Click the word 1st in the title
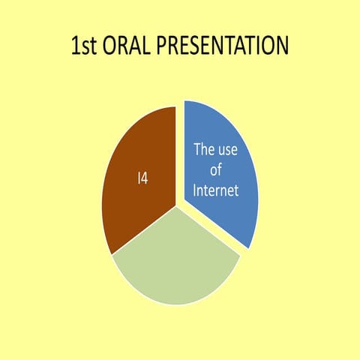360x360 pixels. (85, 46)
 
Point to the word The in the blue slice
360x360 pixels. (205, 149)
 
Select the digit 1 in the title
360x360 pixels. (75, 46)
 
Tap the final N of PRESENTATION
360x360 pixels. (281, 46)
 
